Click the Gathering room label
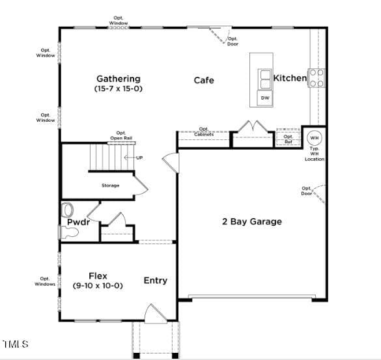pyautogui.click(x=119, y=79)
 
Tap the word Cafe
pyautogui.click(x=204, y=80)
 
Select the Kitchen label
pyautogui.click(x=290, y=78)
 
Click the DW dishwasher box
pyautogui.click(x=265, y=98)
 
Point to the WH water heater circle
pyautogui.click(x=315, y=138)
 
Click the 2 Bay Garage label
pyautogui.click(x=252, y=221)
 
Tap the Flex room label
pyautogui.click(x=98, y=276)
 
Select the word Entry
pyautogui.click(x=156, y=281)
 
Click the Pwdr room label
pyautogui.click(x=79, y=222)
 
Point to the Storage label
pyautogui.click(x=110, y=186)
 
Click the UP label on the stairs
pyautogui.click(x=139, y=158)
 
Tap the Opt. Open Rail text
pyautogui.click(x=121, y=135)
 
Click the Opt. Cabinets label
pyautogui.click(x=204, y=132)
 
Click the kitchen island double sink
pyautogui.click(x=265, y=79)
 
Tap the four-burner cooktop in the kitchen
pyautogui.click(x=317, y=78)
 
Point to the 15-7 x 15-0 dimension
pyautogui.click(x=119, y=89)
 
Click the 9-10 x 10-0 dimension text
pyautogui.click(x=98, y=285)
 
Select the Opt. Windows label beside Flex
pyautogui.click(x=45, y=281)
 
